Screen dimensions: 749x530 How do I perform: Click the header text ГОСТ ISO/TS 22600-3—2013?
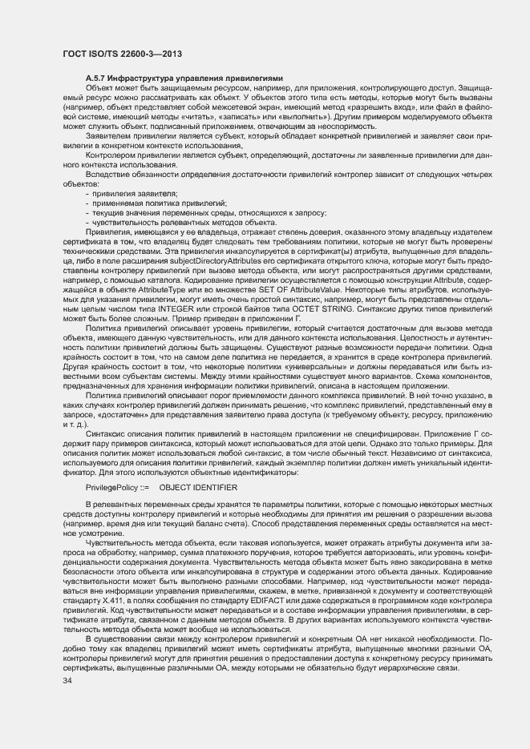click(x=120, y=53)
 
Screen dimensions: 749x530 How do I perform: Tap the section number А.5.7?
click(x=98, y=77)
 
